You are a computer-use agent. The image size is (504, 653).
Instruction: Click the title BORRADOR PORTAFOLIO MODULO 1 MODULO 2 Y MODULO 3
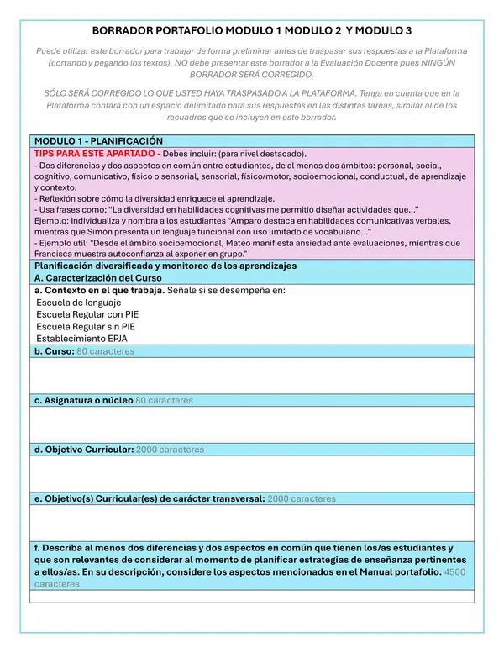(251, 30)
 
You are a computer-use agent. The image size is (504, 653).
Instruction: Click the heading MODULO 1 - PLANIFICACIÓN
(98, 141)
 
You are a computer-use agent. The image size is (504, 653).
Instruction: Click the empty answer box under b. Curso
(251, 376)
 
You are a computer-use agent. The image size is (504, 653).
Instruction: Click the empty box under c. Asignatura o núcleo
(251, 424)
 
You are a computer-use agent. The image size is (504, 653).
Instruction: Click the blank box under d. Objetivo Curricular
(251, 473)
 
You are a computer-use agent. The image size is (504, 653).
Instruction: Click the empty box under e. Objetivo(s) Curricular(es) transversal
(251, 522)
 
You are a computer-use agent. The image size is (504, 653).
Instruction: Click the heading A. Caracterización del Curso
(99, 277)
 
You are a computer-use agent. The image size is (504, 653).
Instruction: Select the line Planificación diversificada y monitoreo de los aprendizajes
(165, 266)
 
